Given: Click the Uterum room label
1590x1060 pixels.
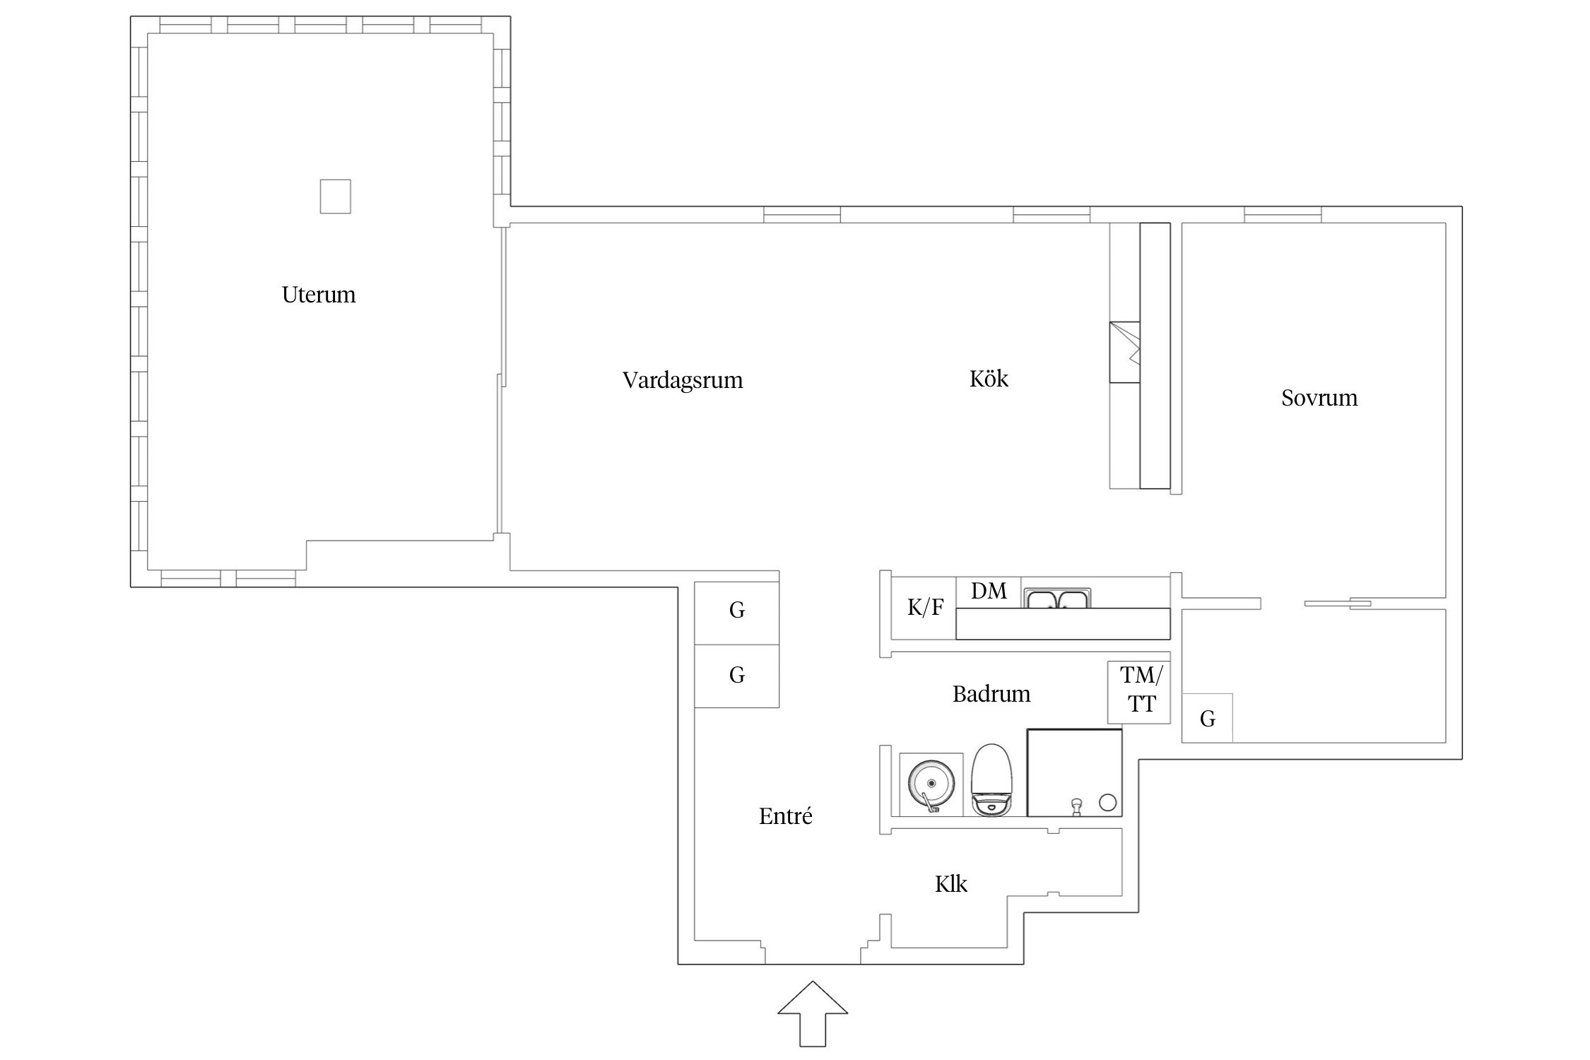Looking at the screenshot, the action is (x=319, y=295).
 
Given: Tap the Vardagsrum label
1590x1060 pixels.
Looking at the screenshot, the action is (x=683, y=380).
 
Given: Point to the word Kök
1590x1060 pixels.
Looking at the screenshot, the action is (x=989, y=379).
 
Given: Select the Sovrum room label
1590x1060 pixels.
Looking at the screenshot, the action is (x=1319, y=398).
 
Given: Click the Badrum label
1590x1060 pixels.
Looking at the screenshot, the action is (x=991, y=694).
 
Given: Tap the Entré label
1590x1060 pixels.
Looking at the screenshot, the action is (x=786, y=816).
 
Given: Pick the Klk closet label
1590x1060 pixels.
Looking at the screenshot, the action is (x=951, y=884).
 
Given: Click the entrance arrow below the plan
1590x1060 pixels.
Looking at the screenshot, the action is (x=813, y=1013).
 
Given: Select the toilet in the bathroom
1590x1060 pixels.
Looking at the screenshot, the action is (x=992, y=780).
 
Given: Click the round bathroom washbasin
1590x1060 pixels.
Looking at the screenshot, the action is (x=931, y=784).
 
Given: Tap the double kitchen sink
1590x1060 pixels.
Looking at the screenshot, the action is (x=1057, y=599).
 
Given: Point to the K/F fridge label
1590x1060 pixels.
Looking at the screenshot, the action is (x=925, y=607).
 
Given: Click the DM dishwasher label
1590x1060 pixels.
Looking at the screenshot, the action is (x=989, y=591).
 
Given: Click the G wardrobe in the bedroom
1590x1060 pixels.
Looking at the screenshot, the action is (x=1208, y=718).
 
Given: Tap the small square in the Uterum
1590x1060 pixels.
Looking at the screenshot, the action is (x=336, y=196).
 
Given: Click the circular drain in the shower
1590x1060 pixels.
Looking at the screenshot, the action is (x=1107, y=802).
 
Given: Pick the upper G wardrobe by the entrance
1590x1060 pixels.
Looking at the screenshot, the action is (x=737, y=613).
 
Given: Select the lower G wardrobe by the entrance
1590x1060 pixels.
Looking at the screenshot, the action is (x=737, y=676).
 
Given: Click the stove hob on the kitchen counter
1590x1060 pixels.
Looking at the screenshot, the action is (x=1124, y=352).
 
